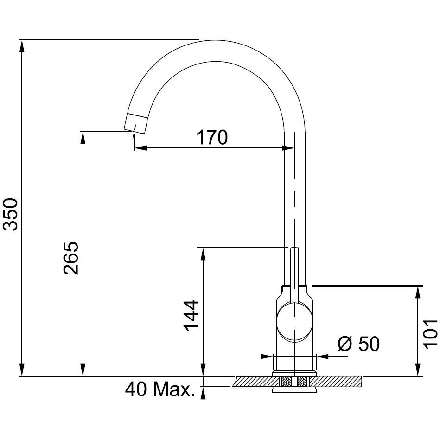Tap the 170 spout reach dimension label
pyautogui.click(x=212, y=137)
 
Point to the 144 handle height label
pyautogui.click(x=191, y=315)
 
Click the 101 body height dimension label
pyautogui.click(x=430, y=334)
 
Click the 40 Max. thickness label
pyautogui.click(x=160, y=389)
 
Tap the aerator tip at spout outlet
pyautogui.click(x=135, y=123)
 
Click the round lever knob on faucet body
pyautogui.click(x=294, y=322)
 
